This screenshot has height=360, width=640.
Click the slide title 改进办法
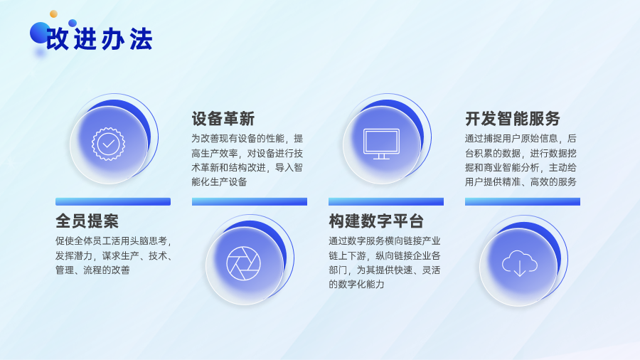pyautogui.click(x=99, y=39)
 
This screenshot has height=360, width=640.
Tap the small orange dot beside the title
pyautogui.click(x=53, y=14)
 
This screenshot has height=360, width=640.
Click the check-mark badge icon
pyautogui.click(x=108, y=144)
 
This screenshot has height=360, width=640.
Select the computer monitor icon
pyautogui.click(x=382, y=144)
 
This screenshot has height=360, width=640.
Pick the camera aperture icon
pyautogui.click(x=244, y=263)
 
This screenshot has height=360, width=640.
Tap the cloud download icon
pyautogui.click(x=520, y=263)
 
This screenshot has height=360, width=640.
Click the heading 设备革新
pyautogui.click(x=223, y=119)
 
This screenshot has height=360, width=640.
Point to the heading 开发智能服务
pyautogui.click(x=512, y=119)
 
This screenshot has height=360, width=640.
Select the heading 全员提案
pyautogui.click(x=87, y=221)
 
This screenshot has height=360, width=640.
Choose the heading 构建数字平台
pyautogui.click(x=376, y=221)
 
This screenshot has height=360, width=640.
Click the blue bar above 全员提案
pyautogui.click(x=113, y=201)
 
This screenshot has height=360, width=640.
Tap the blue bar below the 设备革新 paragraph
pyautogui.click(x=250, y=201)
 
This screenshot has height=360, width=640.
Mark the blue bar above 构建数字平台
pyautogui.click(x=386, y=201)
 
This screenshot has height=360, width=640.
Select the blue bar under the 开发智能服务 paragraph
pyautogui.click(x=523, y=201)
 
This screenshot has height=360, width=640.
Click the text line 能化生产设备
pyautogui.click(x=220, y=181)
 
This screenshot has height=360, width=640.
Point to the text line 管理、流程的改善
pyautogui.click(x=92, y=270)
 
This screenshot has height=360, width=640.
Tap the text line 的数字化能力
pyautogui.click(x=356, y=284)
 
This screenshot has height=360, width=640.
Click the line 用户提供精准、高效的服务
pyautogui.click(x=521, y=181)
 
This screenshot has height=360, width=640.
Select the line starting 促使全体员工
pyautogui.click(x=114, y=241)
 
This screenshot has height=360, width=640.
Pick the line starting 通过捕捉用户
pyautogui.click(x=521, y=139)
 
